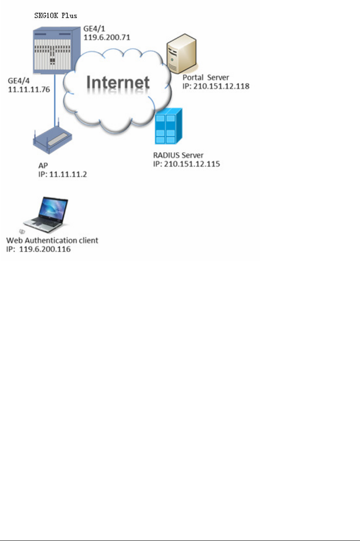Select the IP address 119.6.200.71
click(x=105, y=37)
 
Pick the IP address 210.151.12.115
click(x=186, y=164)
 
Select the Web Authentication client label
click(x=52, y=241)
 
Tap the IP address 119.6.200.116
click(x=39, y=249)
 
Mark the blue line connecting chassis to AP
click(x=55, y=105)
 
